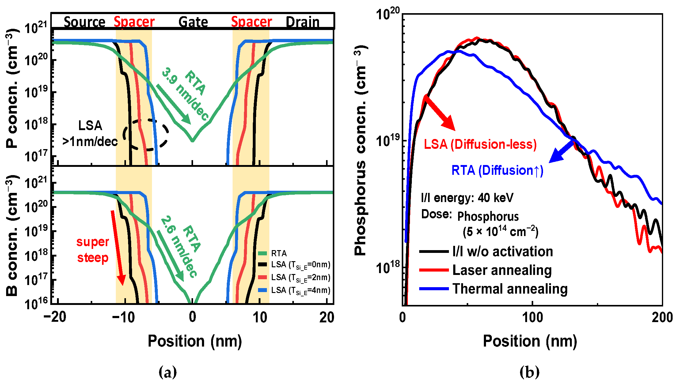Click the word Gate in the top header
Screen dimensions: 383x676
coord(193,22)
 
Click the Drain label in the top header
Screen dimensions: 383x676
coord(302,22)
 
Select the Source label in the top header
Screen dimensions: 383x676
coord(84,22)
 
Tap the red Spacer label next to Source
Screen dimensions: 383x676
coord(134,22)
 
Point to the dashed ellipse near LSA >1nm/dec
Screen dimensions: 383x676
coord(146,135)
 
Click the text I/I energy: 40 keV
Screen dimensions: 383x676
coord(467,198)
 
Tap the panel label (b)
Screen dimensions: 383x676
coord(529,372)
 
